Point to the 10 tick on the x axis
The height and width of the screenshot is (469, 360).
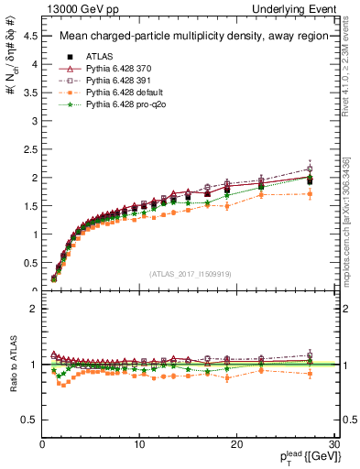tap(139, 444)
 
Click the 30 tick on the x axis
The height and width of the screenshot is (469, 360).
tap(334, 444)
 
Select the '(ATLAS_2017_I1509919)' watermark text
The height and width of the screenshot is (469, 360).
tap(191, 272)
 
